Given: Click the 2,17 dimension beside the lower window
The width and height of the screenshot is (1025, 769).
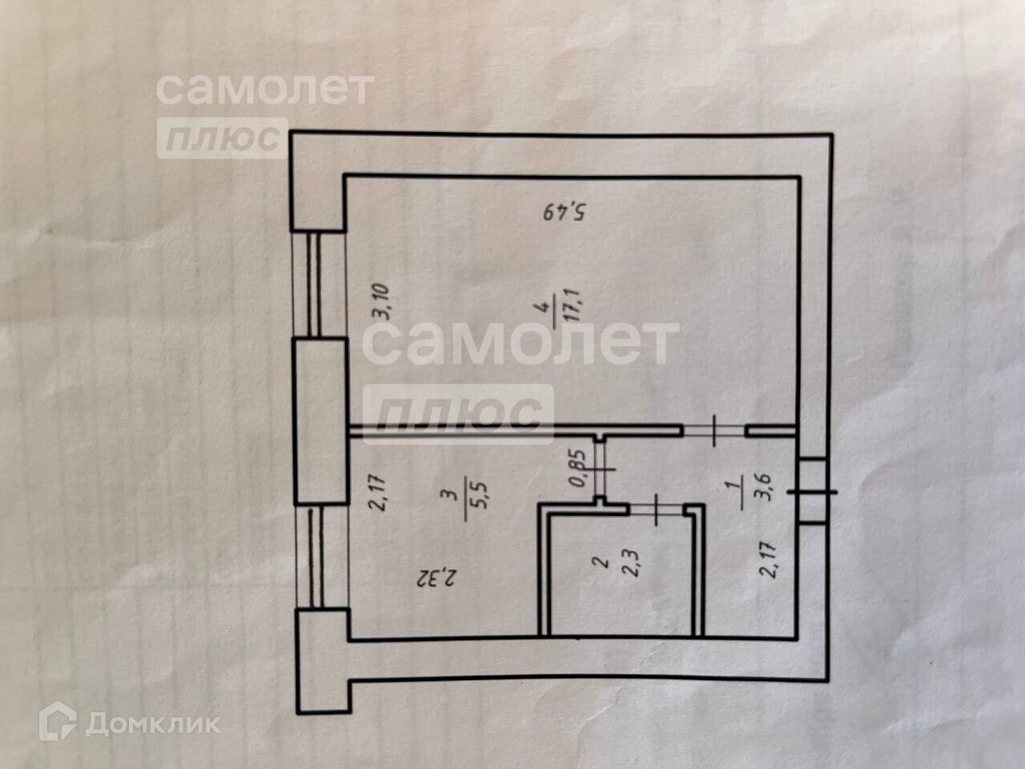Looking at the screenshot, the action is point(379,493).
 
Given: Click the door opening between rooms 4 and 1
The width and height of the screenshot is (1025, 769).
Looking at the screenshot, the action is point(713,431).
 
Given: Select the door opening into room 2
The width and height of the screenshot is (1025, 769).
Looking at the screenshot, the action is point(656,508).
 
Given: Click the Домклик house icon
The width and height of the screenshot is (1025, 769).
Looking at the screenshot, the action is point(59,723).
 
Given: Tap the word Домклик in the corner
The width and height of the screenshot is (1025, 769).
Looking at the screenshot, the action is point(152,724).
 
